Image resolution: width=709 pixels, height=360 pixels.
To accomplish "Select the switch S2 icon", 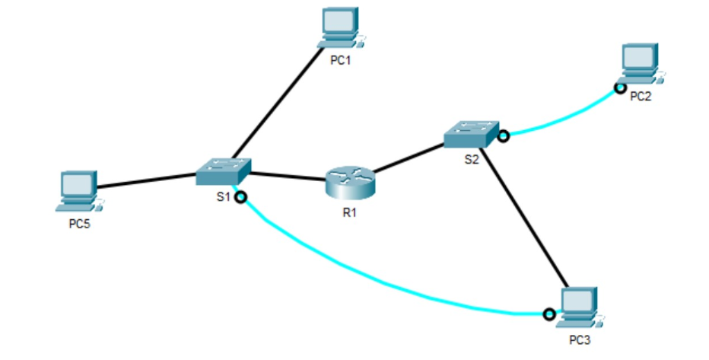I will coord(471,134).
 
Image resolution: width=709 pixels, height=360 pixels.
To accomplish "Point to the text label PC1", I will coord(340,62).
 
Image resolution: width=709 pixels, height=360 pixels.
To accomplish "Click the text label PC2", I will coord(641,97).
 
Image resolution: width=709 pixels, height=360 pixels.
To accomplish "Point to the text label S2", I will coord(472,159).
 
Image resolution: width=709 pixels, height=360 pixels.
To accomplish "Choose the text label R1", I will coord(349,212).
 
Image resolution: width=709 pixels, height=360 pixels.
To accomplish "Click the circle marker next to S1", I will coord(240,197).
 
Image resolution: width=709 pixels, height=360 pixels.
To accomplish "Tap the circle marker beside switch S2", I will coord(503,137).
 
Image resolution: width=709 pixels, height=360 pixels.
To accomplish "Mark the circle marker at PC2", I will coord(620,88).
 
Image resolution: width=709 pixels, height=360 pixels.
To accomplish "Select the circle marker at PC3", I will coord(548,314).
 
